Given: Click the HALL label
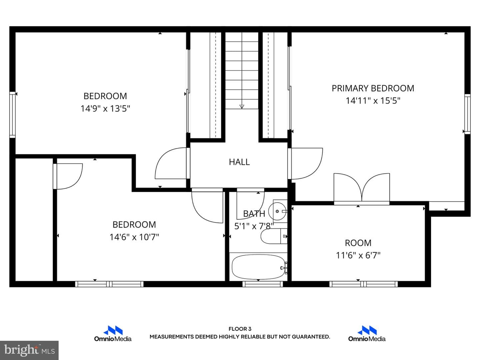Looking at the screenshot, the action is coord(239,162).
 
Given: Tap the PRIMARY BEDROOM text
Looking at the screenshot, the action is coord(373,88).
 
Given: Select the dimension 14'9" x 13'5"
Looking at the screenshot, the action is coord(105,108).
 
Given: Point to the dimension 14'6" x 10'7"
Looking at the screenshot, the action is coord(134,237).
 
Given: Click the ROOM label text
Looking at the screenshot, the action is coord(358,243).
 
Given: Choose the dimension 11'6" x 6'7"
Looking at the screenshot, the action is coord(358,255).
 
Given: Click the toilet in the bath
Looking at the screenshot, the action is coord(274,236).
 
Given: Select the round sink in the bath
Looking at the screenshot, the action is coord(277,211).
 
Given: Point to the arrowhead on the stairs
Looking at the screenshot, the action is coord(242,106).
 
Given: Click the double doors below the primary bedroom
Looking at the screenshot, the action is coord(362,188).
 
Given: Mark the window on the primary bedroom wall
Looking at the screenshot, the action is coord(467,114).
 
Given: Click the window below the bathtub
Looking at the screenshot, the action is coord(263,284).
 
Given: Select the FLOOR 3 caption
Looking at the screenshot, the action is coord(240,329).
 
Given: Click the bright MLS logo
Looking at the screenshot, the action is coord(29,350).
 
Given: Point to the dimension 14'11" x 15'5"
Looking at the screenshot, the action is coord(373,101).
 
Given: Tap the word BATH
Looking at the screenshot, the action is coord(254,214).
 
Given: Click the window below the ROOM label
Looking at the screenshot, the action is coord(363,284).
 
